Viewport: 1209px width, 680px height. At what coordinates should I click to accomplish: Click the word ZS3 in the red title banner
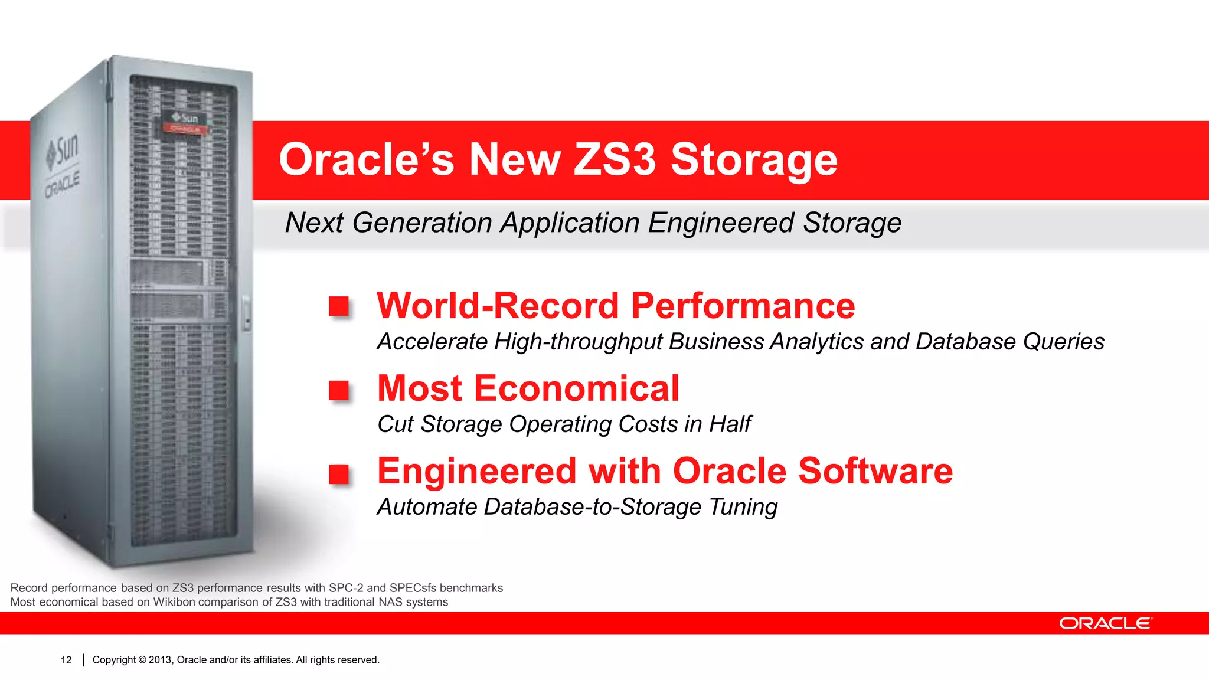pyautogui.click(x=615, y=160)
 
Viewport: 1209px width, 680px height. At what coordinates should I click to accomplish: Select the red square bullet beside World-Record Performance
pyautogui.click(x=339, y=306)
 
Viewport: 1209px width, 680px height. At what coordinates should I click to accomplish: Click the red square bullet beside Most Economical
pyautogui.click(x=339, y=390)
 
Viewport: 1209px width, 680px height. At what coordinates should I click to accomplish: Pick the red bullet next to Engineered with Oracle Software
pyautogui.click(x=339, y=474)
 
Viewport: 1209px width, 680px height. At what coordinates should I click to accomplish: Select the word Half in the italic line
pyautogui.click(x=730, y=424)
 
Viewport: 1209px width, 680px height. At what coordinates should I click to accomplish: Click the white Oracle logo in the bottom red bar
pyautogui.click(x=1105, y=623)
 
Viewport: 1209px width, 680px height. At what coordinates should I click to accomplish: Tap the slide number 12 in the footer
pyautogui.click(x=66, y=660)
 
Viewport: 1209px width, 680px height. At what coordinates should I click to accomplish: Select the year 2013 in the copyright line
pyautogui.click(x=159, y=660)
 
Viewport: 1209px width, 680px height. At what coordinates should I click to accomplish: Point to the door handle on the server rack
pyautogui.click(x=246, y=313)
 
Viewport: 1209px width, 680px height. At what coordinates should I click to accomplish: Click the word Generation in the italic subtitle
pyautogui.click(x=422, y=223)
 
